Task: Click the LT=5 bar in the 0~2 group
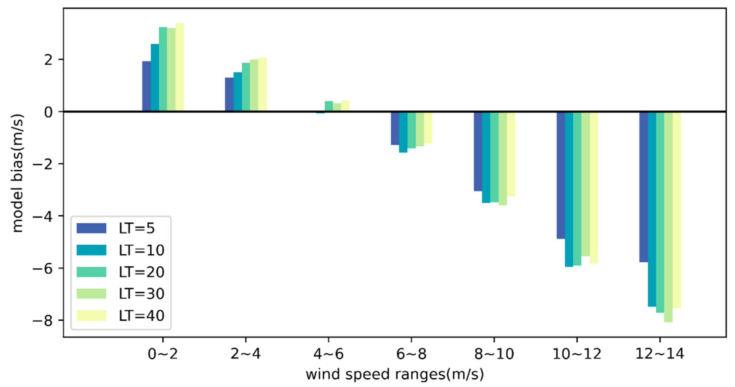146,86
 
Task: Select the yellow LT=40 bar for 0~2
179,67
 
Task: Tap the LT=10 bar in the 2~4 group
237,92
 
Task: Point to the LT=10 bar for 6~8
403,132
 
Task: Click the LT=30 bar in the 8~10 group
503,158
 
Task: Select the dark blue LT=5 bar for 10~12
561,175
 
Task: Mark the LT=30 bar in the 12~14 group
668,217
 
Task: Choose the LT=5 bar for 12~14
643,187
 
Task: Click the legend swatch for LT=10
91,250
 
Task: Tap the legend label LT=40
142,316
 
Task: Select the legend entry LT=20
142,272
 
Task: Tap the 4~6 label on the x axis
328,354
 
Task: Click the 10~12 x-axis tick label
577,354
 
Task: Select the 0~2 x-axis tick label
163,354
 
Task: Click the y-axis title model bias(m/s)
17,173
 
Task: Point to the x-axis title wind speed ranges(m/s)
395,374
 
